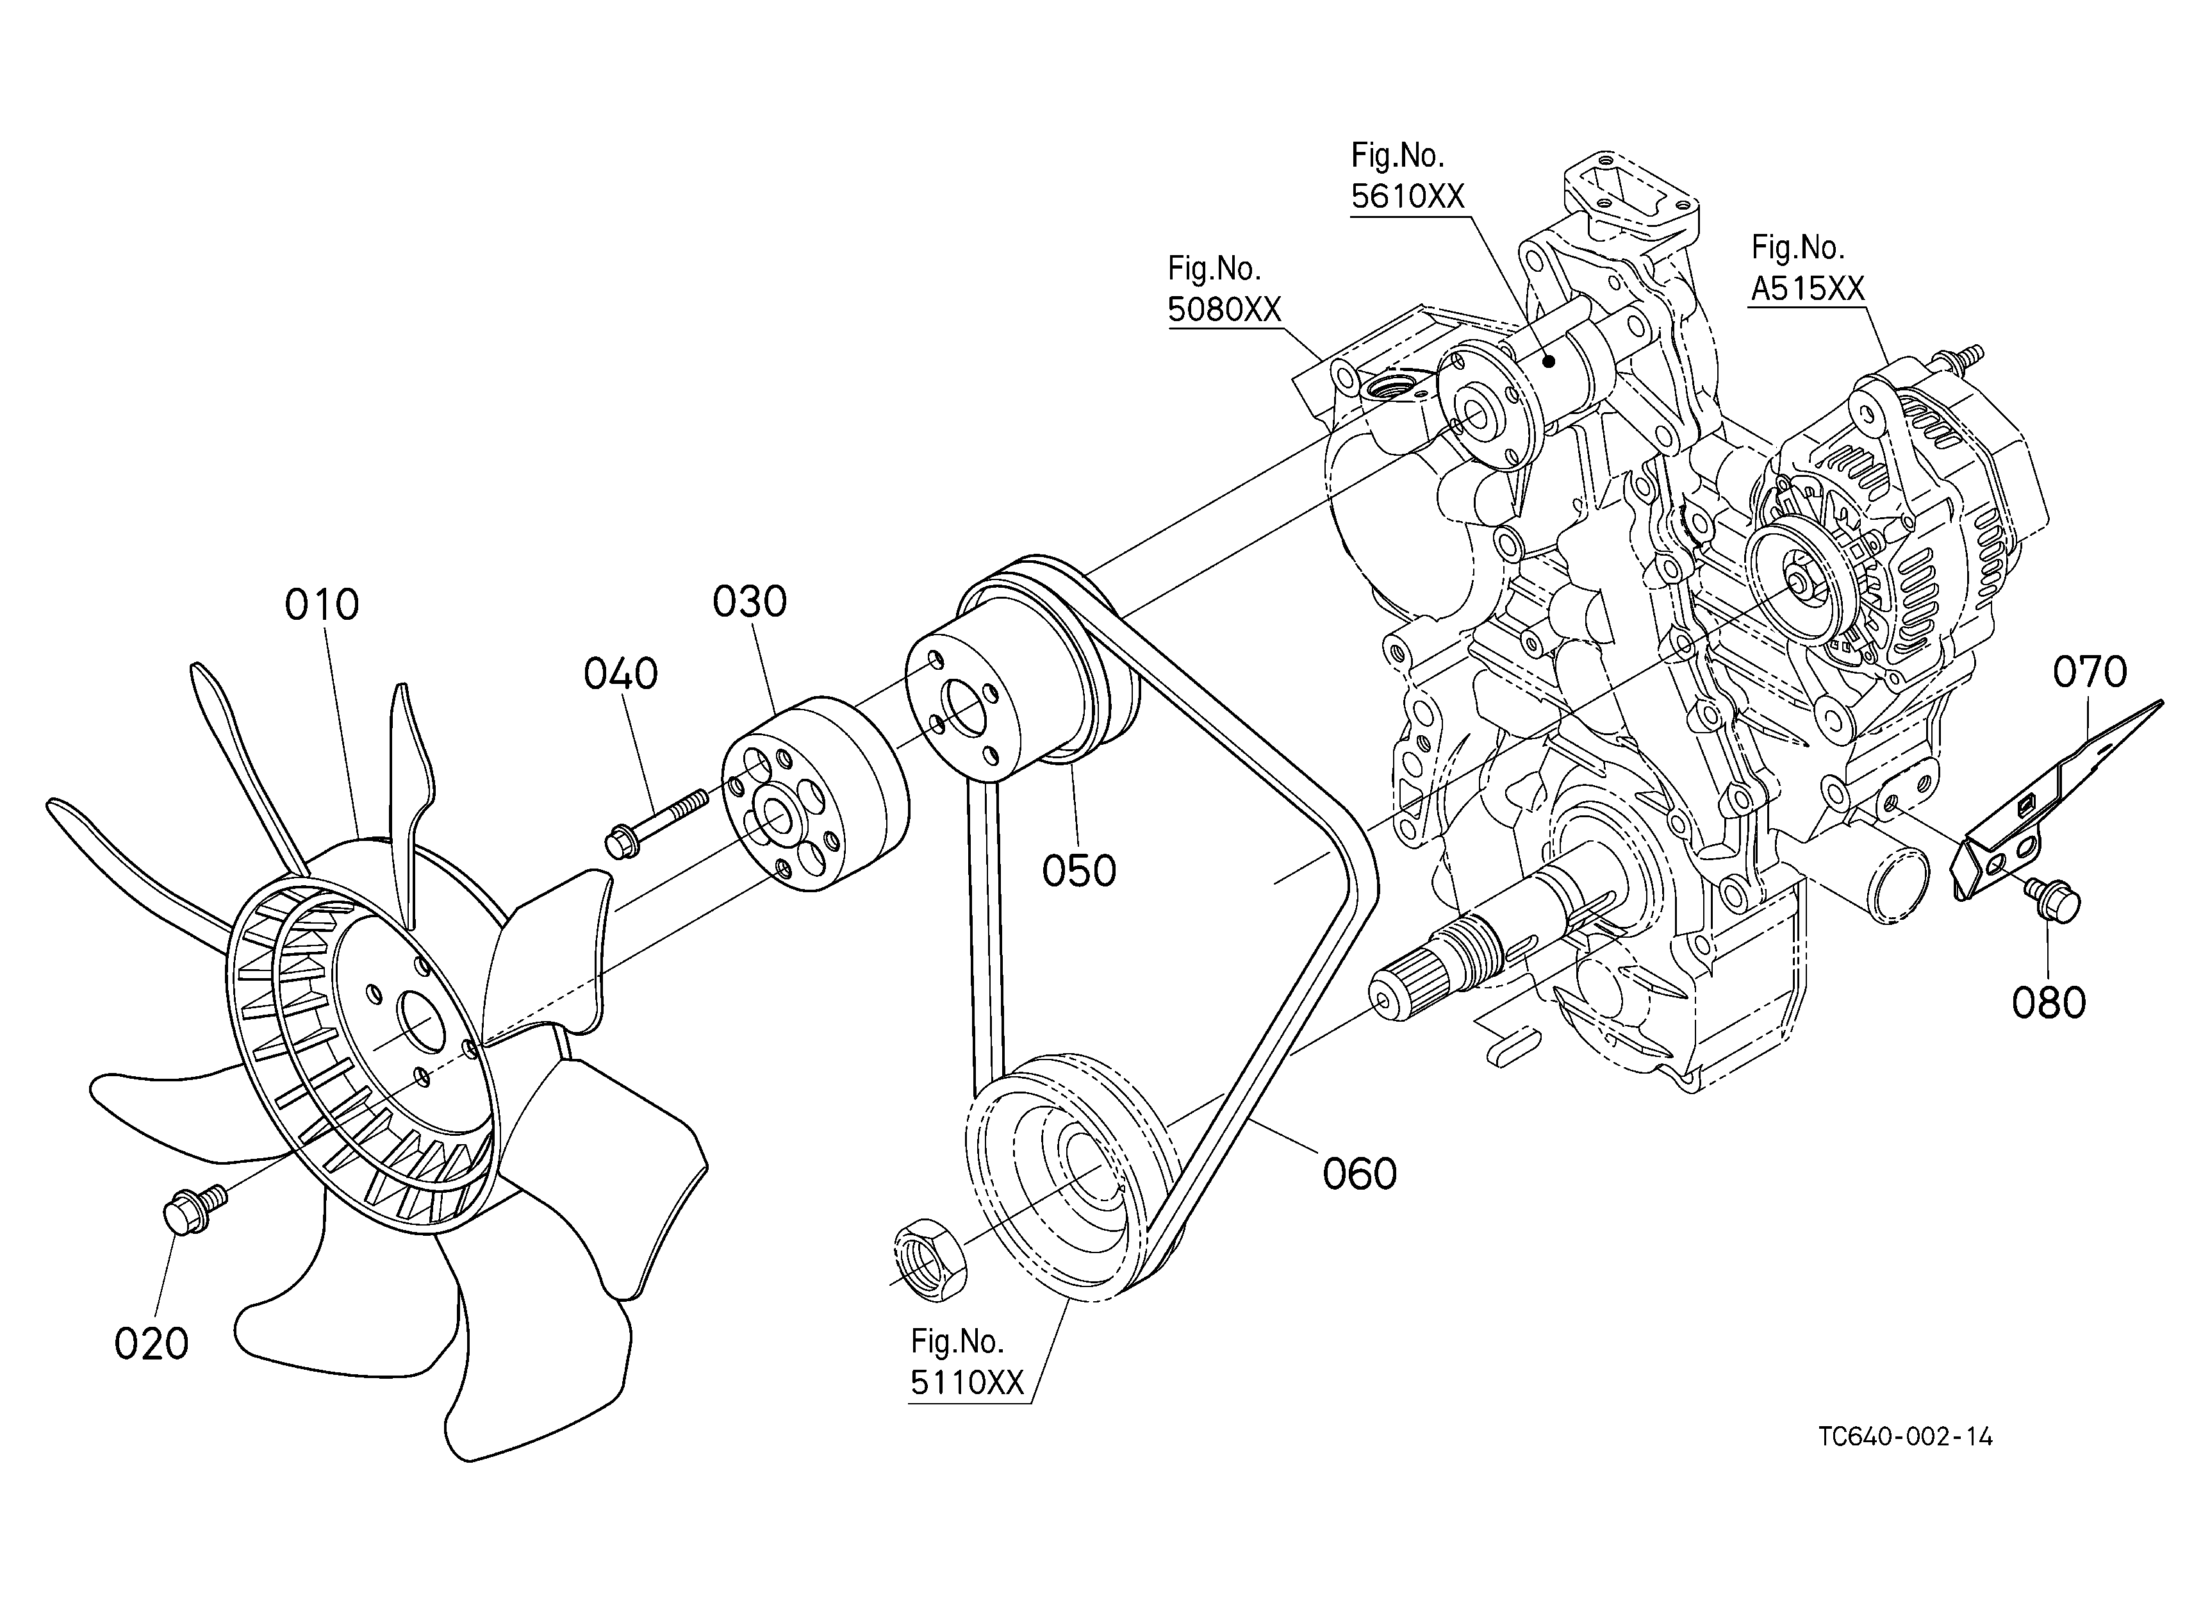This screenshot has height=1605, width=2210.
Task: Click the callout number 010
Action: [x=322, y=605]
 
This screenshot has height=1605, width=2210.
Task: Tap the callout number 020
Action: [x=151, y=1344]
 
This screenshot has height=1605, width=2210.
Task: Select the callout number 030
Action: [x=749, y=603]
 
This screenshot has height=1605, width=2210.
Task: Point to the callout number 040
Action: [x=621, y=674]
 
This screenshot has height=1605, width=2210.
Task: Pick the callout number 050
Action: [x=1078, y=871]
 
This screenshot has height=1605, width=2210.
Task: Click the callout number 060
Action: [x=1359, y=1173]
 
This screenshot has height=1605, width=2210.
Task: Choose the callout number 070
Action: [x=2090, y=672]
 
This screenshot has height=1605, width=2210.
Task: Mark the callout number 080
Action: [x=2049, y=1002]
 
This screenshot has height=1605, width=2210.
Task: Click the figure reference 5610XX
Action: [x=1408, y=197]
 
